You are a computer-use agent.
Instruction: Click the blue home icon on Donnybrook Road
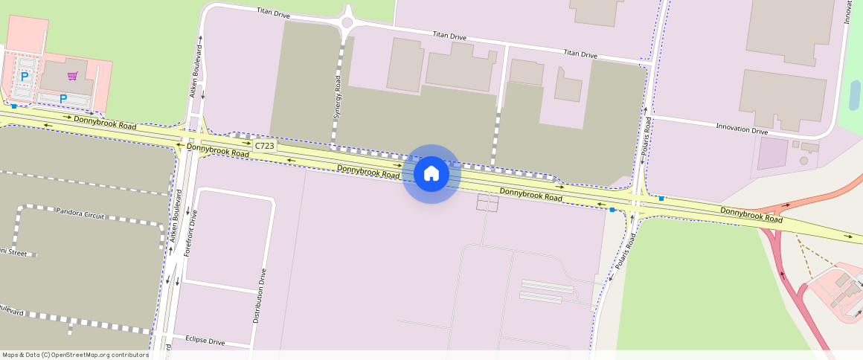431,174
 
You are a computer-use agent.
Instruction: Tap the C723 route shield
264,146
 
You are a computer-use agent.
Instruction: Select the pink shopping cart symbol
72,76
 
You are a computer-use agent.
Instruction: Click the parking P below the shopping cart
63,98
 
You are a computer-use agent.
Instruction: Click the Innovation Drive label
741,129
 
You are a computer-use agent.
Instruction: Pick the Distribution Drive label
259,295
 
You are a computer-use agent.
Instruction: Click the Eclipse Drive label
205,341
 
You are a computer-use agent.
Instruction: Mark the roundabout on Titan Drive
346,22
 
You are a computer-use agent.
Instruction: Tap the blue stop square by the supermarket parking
14,106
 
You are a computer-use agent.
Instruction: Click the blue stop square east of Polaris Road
661,199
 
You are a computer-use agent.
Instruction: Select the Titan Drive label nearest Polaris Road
580,54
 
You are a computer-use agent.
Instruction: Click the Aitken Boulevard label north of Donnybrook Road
197,71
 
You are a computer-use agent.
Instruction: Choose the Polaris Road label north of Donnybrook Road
647,136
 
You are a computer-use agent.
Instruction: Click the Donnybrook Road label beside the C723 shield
217,150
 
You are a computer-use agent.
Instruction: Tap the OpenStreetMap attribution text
76,355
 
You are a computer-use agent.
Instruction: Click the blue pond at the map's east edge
855,95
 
